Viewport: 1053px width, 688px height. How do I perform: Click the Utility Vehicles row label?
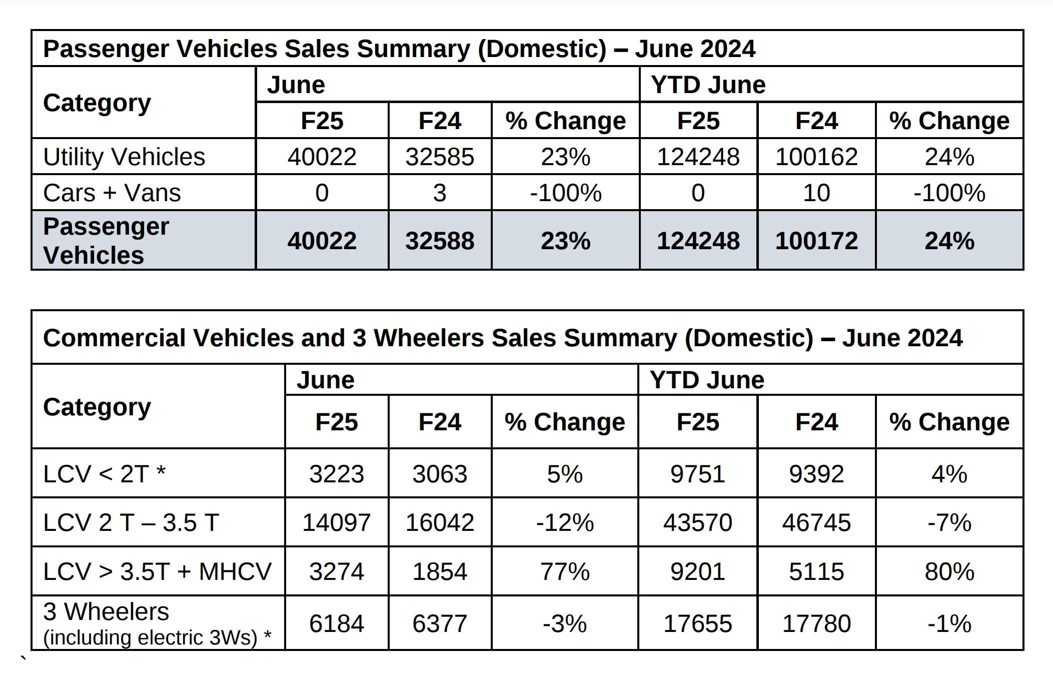(124, 157)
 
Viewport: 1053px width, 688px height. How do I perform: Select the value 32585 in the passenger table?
(439, 157)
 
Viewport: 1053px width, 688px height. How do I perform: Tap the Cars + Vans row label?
(112, 193)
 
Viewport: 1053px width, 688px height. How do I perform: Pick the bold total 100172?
(816, 241)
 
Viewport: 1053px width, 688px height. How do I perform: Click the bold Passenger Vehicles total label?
(106, 241)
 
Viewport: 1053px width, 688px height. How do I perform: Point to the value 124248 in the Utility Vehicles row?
(698, 157)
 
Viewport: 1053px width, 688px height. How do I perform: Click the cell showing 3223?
(336, 473)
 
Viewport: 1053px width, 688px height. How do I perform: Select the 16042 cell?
(439, 522)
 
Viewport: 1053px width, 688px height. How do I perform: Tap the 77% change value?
(565, 571)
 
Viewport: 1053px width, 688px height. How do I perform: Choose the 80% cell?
(949, 571)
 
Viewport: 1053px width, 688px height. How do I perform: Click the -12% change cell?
(565, 522)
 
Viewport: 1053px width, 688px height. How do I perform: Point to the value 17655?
(697, 623)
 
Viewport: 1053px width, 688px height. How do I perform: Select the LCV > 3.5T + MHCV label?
(157, 571)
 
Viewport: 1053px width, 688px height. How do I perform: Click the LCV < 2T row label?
(104, 473)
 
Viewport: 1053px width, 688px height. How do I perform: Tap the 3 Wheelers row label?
(106, 611)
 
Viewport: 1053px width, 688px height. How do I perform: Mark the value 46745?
(816, 522)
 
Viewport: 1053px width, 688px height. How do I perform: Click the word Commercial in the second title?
(118, 338)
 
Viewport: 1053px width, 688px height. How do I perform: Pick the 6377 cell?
(439, 623)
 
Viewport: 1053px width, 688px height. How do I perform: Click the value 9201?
(697, 571)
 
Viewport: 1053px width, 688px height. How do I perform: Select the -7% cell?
(949, 522)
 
